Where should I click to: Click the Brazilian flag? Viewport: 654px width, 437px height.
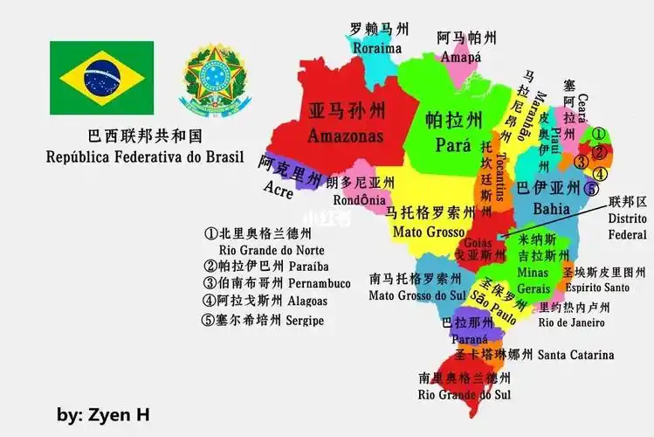(101, 78)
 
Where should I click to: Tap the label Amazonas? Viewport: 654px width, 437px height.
(345, 137)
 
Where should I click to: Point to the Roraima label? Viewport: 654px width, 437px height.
(377, 49)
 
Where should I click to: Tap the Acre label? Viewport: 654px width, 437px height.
(277, 190)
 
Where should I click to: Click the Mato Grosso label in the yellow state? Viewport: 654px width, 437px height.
(432, 232)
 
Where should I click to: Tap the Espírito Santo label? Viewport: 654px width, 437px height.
(597, 287)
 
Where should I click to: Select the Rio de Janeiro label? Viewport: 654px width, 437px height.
(571, 323)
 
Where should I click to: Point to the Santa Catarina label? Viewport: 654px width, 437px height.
(575, 355)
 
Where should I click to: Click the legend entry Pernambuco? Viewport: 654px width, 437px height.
(319, 283)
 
